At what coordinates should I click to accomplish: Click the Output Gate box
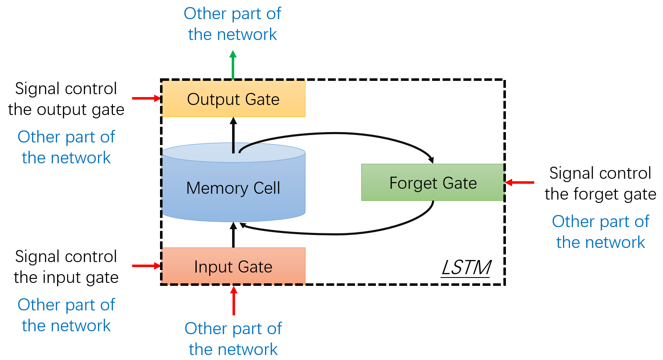(233, 99)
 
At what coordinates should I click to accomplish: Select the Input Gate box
(233, 267)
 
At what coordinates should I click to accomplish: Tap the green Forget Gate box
(433, 183)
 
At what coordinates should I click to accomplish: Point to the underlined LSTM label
(467, 267)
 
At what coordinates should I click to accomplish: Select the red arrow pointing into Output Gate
(146, 98)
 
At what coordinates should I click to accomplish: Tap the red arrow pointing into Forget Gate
(520, 182)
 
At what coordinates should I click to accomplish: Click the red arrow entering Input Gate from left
(146, 266)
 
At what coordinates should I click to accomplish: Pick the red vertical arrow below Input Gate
(234, 301)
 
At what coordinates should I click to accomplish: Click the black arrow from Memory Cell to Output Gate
(233, 134)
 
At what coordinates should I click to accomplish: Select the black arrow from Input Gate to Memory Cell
(233, 235)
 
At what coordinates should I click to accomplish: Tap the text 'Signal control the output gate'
(66, 99)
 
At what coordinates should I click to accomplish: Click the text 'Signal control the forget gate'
(600, 184)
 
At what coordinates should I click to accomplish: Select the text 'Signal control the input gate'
(66, 267)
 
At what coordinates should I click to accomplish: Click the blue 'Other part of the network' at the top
(233, 24)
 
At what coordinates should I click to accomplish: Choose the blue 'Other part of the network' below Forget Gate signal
(600, 232)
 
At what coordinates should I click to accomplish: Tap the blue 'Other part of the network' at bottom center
(233, 339)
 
